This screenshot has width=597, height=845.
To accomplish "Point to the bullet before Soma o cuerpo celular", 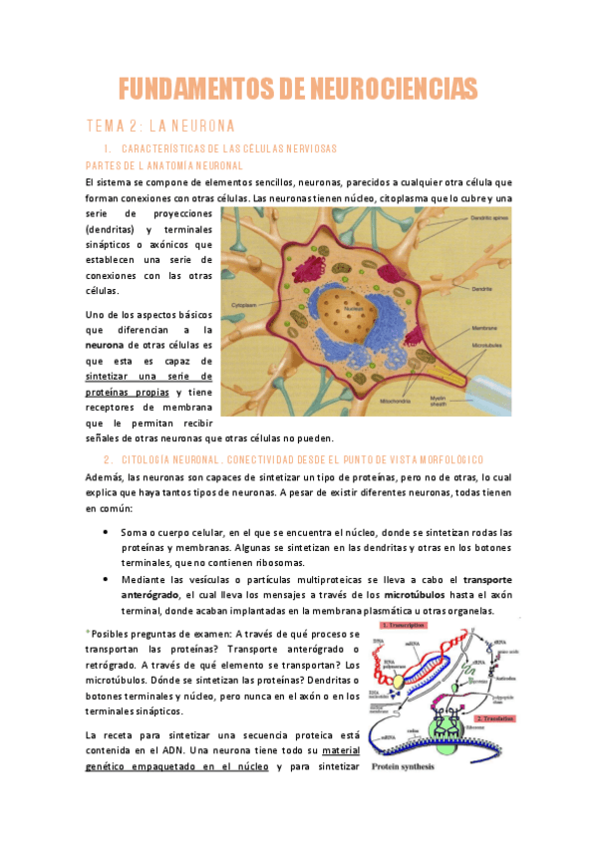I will [x=106, y=532].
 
